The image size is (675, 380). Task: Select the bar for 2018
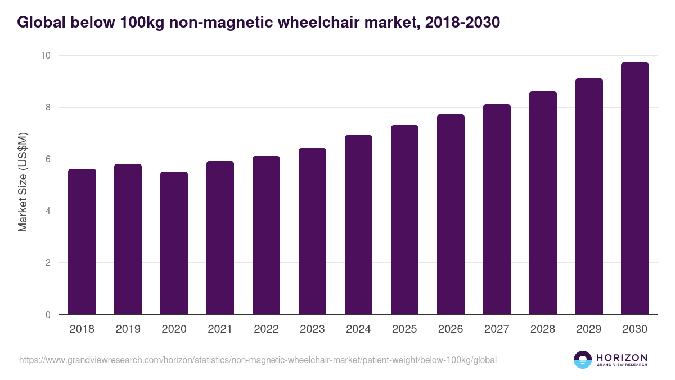(x=82, y=242)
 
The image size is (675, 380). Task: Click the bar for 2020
(x=174, y=243)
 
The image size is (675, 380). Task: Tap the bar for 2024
(x=359, y=225)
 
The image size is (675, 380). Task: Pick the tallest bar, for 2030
(x=635, y=189)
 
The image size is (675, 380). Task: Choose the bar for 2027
(x=497, y=209)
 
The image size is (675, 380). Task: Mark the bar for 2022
(x=267, y=235)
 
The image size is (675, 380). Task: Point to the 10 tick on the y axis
(x=45, y=55)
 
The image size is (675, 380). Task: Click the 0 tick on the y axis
(x=48, y=315)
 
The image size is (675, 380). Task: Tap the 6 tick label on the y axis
(x=48, y=159)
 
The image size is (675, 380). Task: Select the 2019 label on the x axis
(x=128, y=329)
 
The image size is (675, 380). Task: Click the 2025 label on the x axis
(x=404, y=329)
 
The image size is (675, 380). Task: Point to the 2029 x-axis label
(x=589, y=329)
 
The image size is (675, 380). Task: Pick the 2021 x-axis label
(x=220, y=329)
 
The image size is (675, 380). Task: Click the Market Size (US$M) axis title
(x=22, y=182)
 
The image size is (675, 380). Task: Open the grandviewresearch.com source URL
(x=258, y=360)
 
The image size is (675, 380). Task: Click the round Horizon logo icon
(x=583, y=360)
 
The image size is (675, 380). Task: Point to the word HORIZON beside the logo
(x=622, y=357)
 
